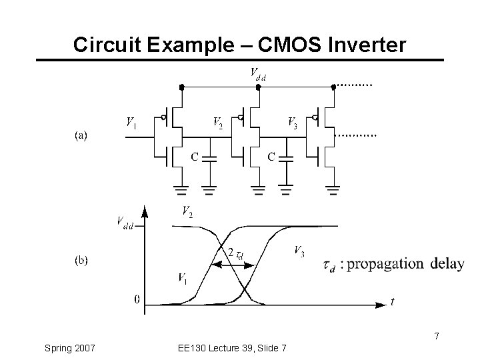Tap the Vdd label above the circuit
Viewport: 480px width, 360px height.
257,73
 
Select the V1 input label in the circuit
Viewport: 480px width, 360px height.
132,123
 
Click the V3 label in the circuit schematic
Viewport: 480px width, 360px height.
292,123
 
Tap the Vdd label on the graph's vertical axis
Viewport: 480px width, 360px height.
124,222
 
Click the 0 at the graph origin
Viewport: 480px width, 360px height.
137,299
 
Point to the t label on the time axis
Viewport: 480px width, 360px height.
392,301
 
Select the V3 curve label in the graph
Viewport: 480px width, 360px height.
300,251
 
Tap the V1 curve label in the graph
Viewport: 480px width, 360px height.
183,277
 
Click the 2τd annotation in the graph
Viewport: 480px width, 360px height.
235,254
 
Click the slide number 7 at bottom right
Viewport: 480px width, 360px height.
436,337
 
